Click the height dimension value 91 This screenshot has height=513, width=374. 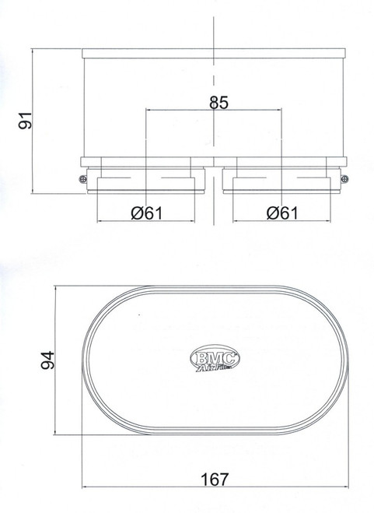pyautogui.click(x=25, y=121)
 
